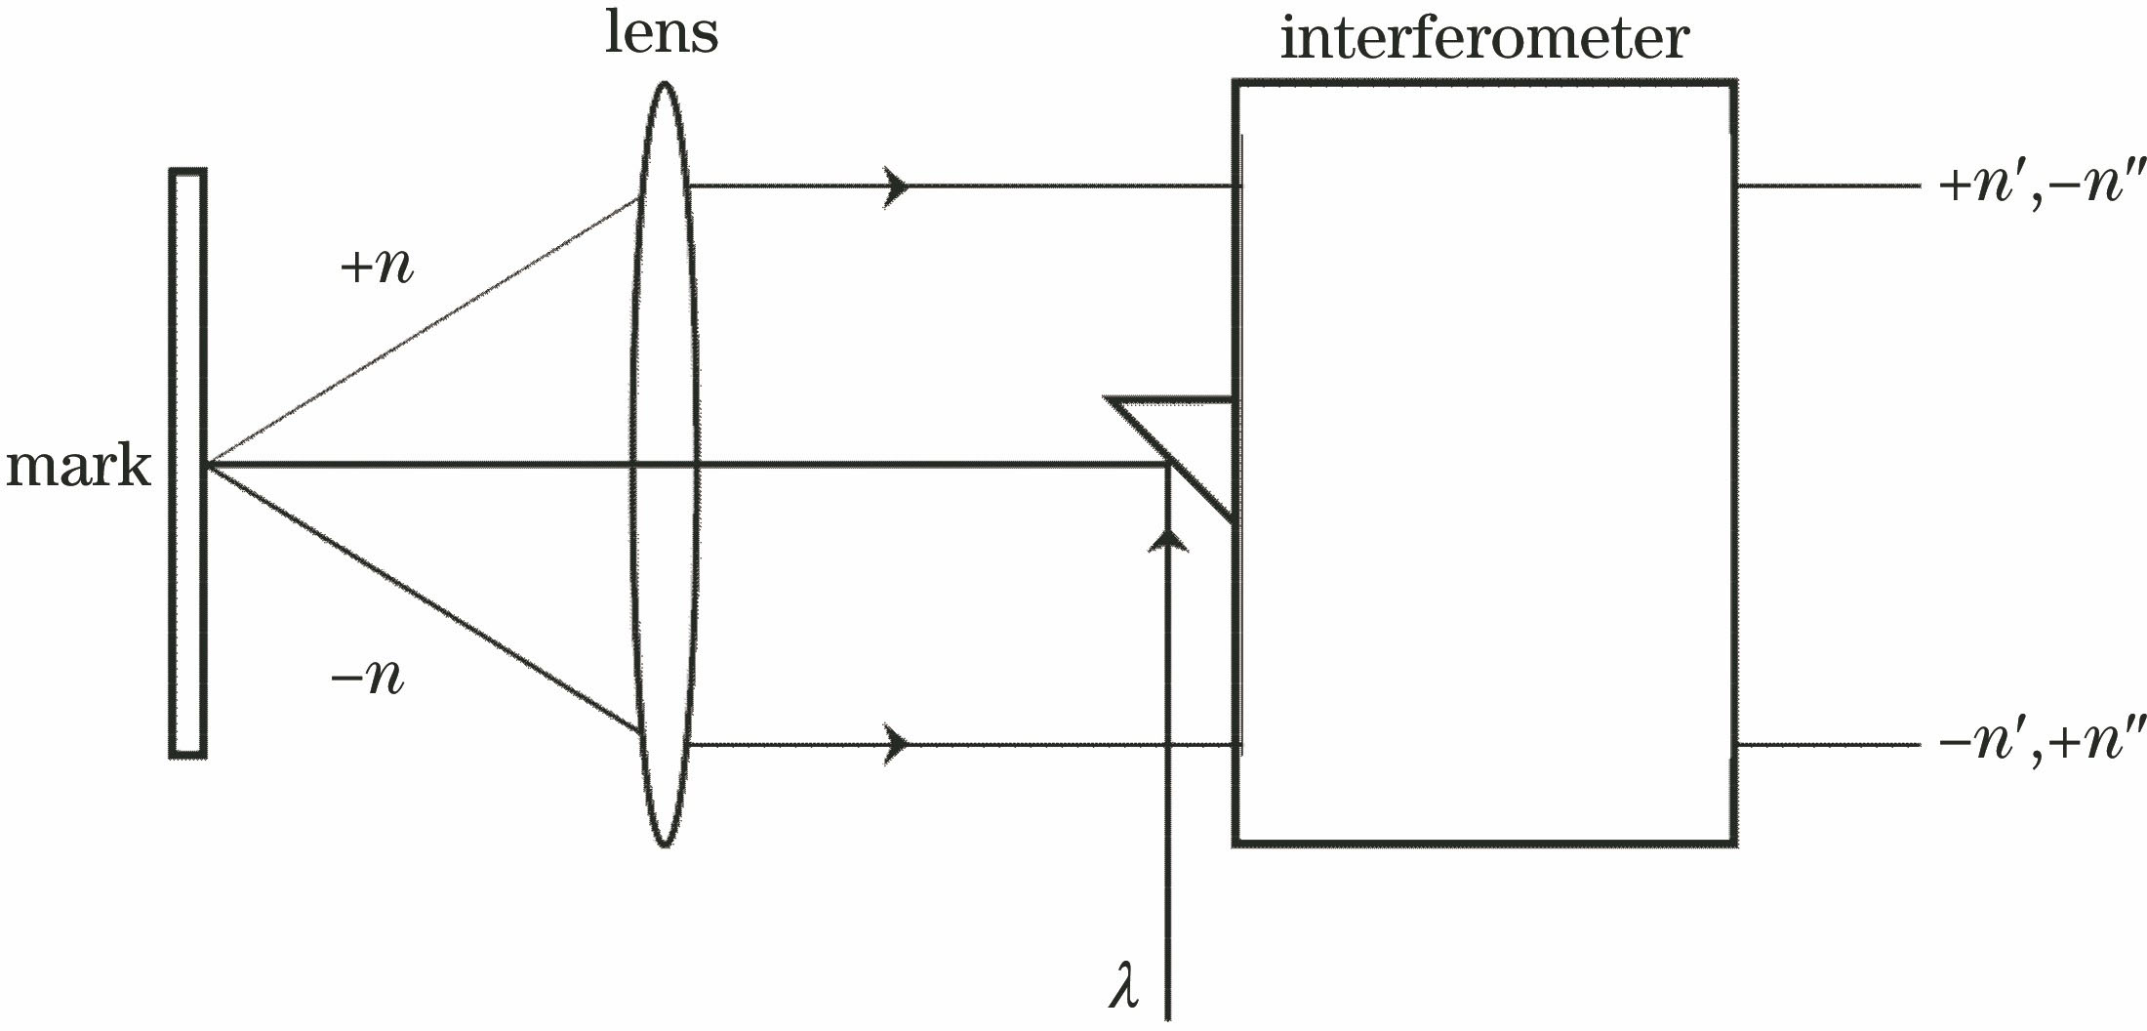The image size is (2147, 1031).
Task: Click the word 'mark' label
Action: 78,467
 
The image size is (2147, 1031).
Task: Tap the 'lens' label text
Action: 662,33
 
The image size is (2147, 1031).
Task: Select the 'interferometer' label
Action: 1483,39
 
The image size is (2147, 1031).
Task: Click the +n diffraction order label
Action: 377,266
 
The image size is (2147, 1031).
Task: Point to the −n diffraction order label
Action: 368,677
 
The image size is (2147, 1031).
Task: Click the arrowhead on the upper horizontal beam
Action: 896,186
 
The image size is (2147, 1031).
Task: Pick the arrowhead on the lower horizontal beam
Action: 896,746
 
